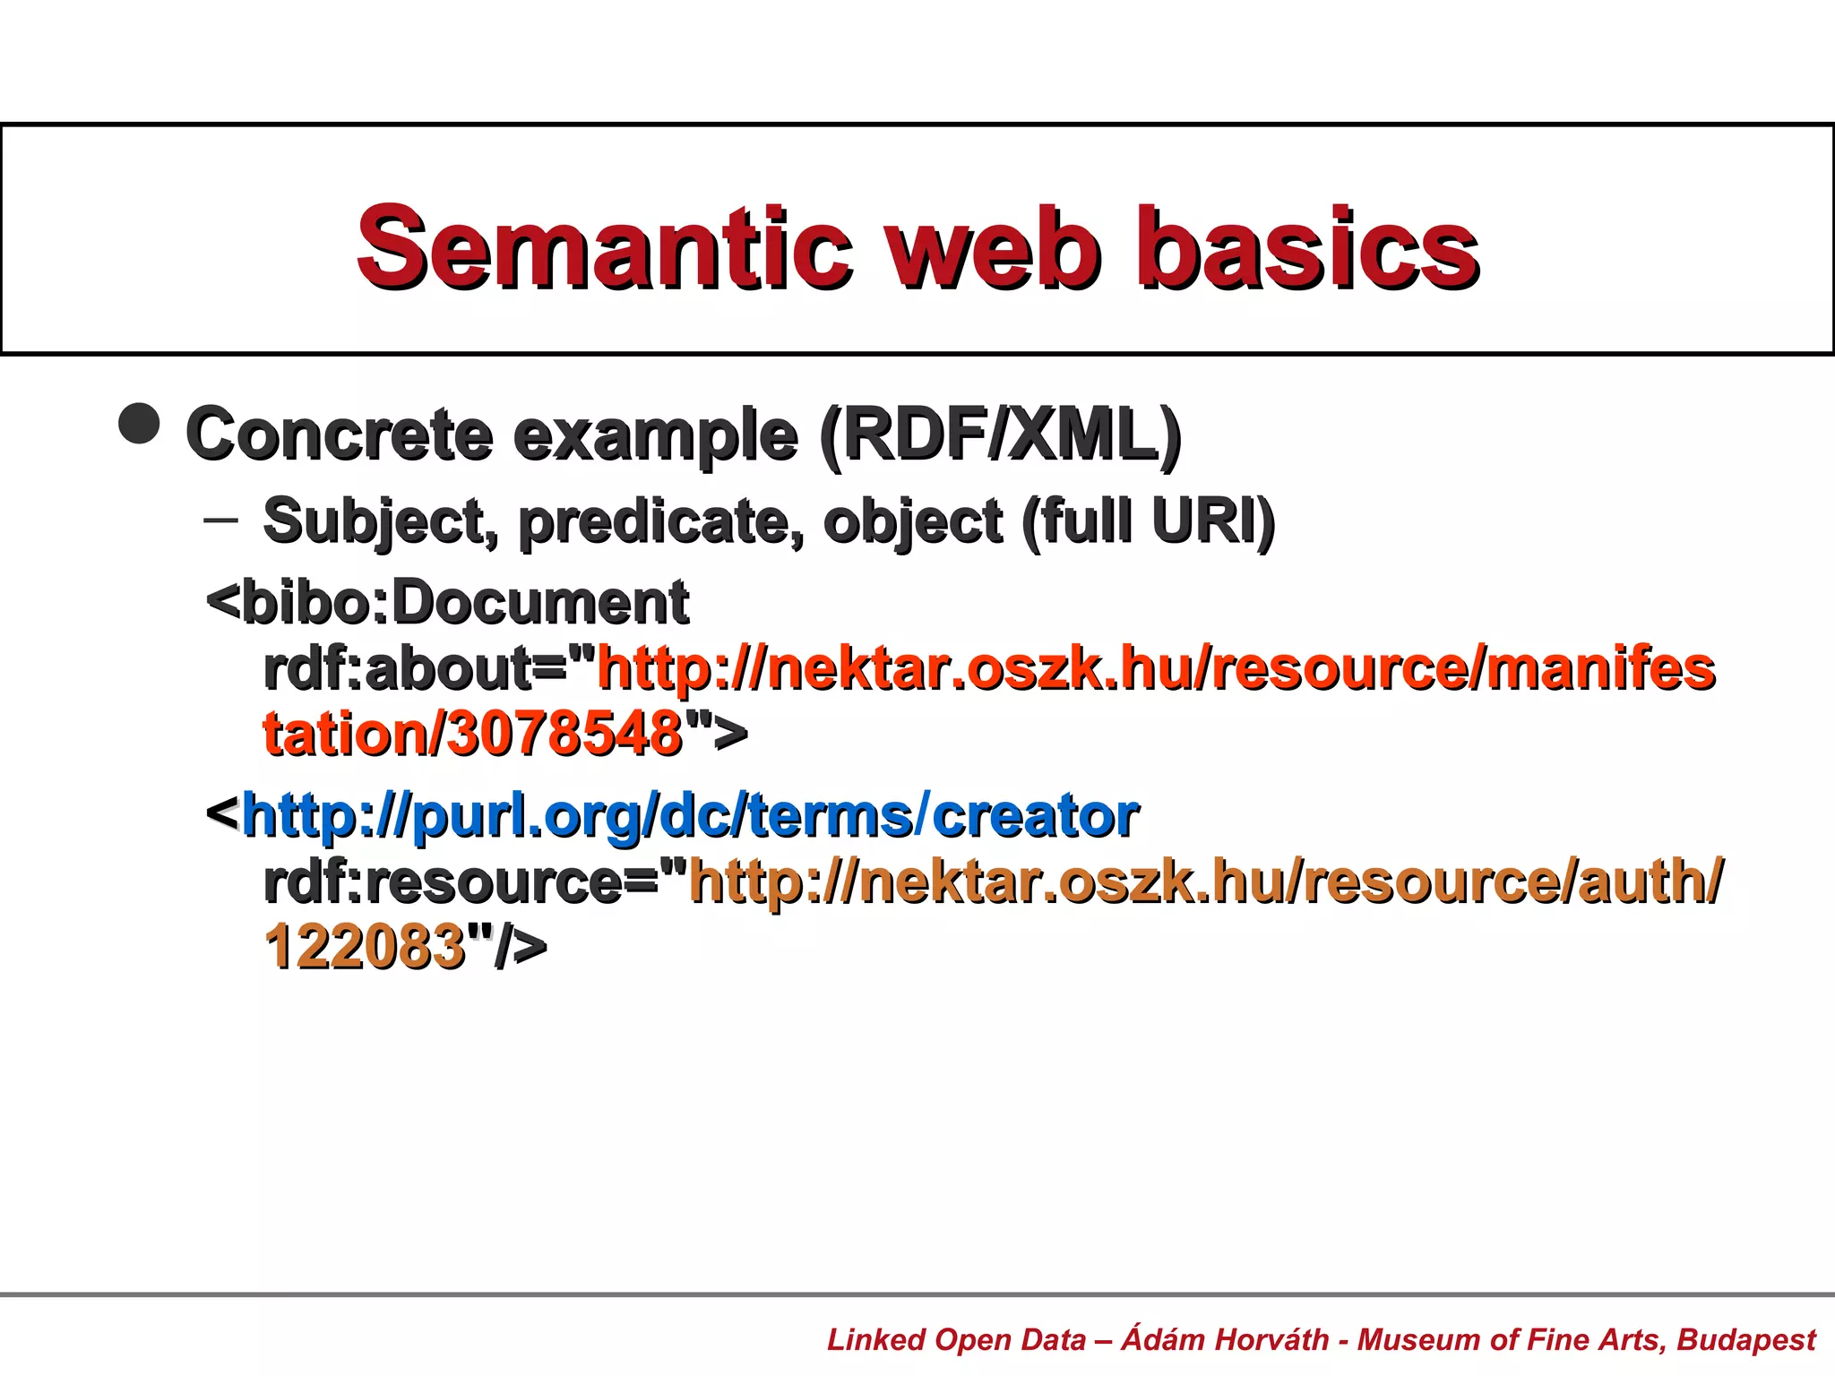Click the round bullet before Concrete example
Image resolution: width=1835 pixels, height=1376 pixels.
click(140, 423)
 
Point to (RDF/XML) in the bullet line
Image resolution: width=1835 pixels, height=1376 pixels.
click(1001, 434)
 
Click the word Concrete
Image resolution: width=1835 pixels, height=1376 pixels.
click(340, 434)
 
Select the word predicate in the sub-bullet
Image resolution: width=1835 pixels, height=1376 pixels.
click(660, 521)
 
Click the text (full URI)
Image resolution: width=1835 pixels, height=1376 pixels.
click(1148, 521)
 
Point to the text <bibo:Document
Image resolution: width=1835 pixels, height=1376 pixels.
click(448, 602)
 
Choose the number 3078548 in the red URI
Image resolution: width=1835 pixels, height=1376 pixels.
click(564, 735)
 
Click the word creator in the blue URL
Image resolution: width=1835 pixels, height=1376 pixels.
click(1036, 816)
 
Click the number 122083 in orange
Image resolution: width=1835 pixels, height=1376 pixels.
click(365, 947)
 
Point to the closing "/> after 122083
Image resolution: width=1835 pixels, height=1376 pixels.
click(507, 947)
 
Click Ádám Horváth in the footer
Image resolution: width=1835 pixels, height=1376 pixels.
click(1225, 1340)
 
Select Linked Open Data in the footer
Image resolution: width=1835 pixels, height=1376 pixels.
click(956, 1340)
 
